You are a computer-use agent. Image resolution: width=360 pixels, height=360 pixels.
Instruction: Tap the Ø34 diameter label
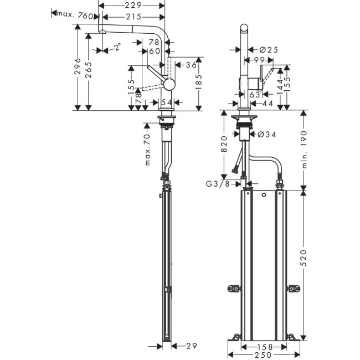point(267,134)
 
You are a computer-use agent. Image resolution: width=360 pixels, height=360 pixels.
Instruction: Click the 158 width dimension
point(264,347)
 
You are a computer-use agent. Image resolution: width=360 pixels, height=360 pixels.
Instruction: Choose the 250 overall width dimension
point(264,355)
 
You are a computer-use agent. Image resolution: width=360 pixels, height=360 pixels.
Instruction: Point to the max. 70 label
point(147,150)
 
